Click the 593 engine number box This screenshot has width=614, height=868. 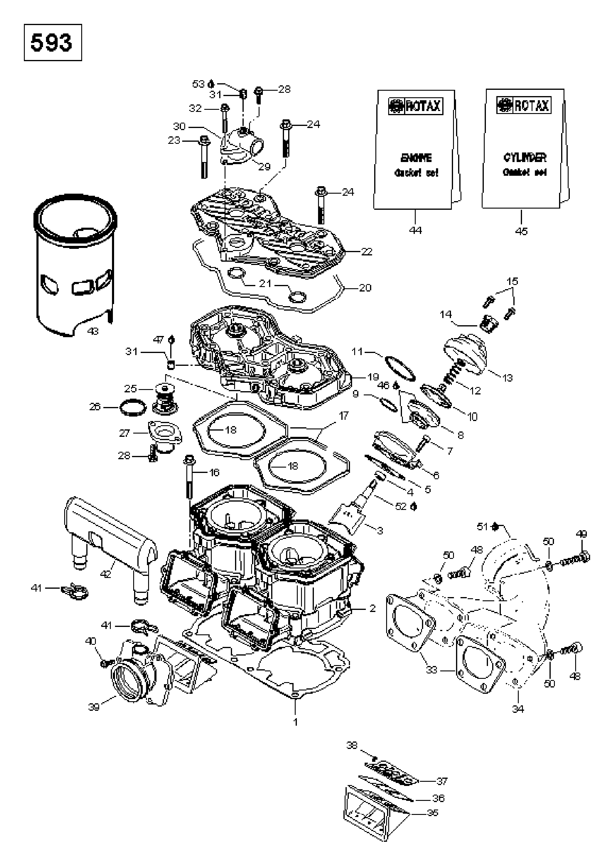53,42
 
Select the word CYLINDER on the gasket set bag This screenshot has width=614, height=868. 524,158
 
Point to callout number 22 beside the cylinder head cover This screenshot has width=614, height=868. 367,252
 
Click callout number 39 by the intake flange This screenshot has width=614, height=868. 94,707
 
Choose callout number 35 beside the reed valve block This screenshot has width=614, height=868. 432,813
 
